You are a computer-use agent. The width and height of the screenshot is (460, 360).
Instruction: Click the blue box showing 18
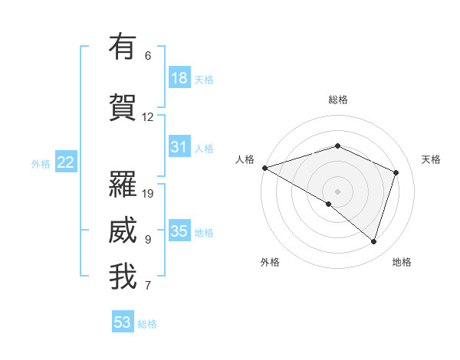coord(179,78)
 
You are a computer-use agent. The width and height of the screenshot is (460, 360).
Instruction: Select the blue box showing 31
coord(179,147)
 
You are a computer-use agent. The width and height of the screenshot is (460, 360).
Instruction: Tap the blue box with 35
coord(179,231)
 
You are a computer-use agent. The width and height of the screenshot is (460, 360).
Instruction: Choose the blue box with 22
coord(66,162)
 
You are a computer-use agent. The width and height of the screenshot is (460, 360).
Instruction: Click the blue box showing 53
coord(123,322)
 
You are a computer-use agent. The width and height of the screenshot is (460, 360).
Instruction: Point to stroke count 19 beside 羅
coord(149,194)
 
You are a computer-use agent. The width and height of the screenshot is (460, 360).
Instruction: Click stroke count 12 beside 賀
coord(148,117)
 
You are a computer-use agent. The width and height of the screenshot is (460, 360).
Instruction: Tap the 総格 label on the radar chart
coord(338,100)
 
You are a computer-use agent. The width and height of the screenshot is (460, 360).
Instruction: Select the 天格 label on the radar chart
coord(431,159)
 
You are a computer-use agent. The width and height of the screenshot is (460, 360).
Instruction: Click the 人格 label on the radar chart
coord(245,159)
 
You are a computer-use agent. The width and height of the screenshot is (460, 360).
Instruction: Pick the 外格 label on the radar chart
coord(270,262)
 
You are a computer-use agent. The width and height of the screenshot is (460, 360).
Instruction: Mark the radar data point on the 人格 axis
coord(264,168)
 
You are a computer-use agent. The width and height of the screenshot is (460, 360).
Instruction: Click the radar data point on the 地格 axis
coord(373,241)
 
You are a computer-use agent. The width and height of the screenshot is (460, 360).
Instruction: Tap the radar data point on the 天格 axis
coord(396,172)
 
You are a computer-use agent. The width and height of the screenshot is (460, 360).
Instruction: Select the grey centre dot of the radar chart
coord(337,191)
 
